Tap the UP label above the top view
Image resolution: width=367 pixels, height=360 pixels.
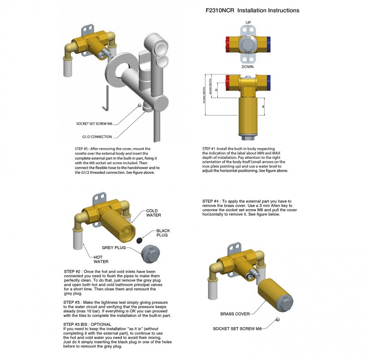(x=248, y=22)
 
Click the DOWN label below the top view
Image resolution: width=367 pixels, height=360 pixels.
(x=248, y=67)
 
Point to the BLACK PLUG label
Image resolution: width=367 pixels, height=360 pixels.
(x=163, y=233)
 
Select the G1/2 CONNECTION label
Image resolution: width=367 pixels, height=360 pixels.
(x=97, y=136)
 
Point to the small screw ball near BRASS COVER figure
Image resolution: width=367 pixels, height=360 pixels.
(x=278, y=319)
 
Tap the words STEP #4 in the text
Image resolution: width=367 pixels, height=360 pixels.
(x=210, y=201)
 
